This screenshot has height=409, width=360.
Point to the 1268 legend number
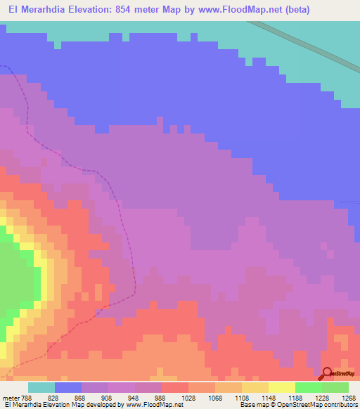pyautogui.click(x=349, y=398)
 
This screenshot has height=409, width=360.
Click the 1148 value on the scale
pyautogui.click(x=269, y=398)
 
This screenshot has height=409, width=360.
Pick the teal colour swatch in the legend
pyautogui.click(x=41, y=387)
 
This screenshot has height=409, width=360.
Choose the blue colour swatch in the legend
pyautogui.click(x=67, y=387)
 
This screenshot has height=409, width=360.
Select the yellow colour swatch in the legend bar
pyautogui.click(x=281, y=387)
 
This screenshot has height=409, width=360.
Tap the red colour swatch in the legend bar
pyautogui.click(x=174, y=387)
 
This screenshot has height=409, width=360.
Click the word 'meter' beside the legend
pyautogui.click(x=9, y=398)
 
